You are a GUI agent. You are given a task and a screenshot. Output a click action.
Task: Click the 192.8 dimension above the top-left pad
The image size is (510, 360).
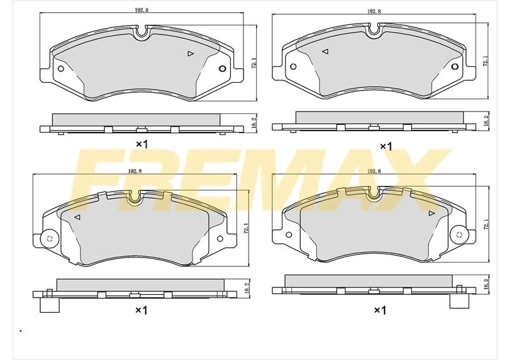tap(142, 10)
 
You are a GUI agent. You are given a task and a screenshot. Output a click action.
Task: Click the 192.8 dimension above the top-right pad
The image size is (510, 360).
tap(374, 11)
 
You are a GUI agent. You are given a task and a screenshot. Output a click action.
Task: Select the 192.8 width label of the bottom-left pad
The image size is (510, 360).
tap(135, 171)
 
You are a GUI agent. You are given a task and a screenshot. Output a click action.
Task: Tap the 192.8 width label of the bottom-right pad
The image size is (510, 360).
tap(374, 171)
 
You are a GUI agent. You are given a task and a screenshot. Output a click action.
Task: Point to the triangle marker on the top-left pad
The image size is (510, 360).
tap(191, 54)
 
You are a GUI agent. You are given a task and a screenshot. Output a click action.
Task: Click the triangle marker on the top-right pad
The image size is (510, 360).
tap(325, 52)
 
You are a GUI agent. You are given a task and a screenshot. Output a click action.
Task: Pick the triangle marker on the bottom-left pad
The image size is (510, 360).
tap(77, 217)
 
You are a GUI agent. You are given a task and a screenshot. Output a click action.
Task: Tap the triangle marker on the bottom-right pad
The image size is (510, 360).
tap(432, 213)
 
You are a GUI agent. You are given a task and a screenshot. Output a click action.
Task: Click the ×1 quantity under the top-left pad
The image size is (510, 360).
tap(142, 144)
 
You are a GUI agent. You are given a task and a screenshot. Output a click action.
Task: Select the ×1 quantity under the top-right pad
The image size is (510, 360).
tap(386, 147)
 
